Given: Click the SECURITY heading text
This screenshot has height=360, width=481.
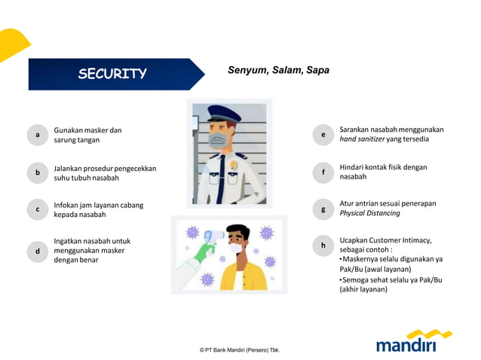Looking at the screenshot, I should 112,74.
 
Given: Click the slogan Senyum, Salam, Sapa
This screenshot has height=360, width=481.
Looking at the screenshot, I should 278,70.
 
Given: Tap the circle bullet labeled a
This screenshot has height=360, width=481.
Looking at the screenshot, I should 38,135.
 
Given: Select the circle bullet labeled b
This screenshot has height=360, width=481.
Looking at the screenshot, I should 38,172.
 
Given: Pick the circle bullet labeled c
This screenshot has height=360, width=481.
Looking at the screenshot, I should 38,210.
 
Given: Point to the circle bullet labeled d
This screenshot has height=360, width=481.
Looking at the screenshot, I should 38,251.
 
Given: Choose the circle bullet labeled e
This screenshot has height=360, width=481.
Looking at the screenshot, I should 323,135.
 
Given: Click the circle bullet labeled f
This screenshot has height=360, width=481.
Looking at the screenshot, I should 323,172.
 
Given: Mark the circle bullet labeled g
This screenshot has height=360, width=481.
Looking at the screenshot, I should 323,209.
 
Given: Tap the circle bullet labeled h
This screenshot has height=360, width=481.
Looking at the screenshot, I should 323,245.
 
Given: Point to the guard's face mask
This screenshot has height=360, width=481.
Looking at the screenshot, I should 218,142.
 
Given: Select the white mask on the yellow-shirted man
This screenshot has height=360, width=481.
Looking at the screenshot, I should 236,248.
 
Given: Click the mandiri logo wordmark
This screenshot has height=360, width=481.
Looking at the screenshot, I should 406,345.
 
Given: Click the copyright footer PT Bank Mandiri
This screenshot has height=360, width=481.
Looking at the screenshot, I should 240,350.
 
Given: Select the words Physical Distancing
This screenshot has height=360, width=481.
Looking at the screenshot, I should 369,213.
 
